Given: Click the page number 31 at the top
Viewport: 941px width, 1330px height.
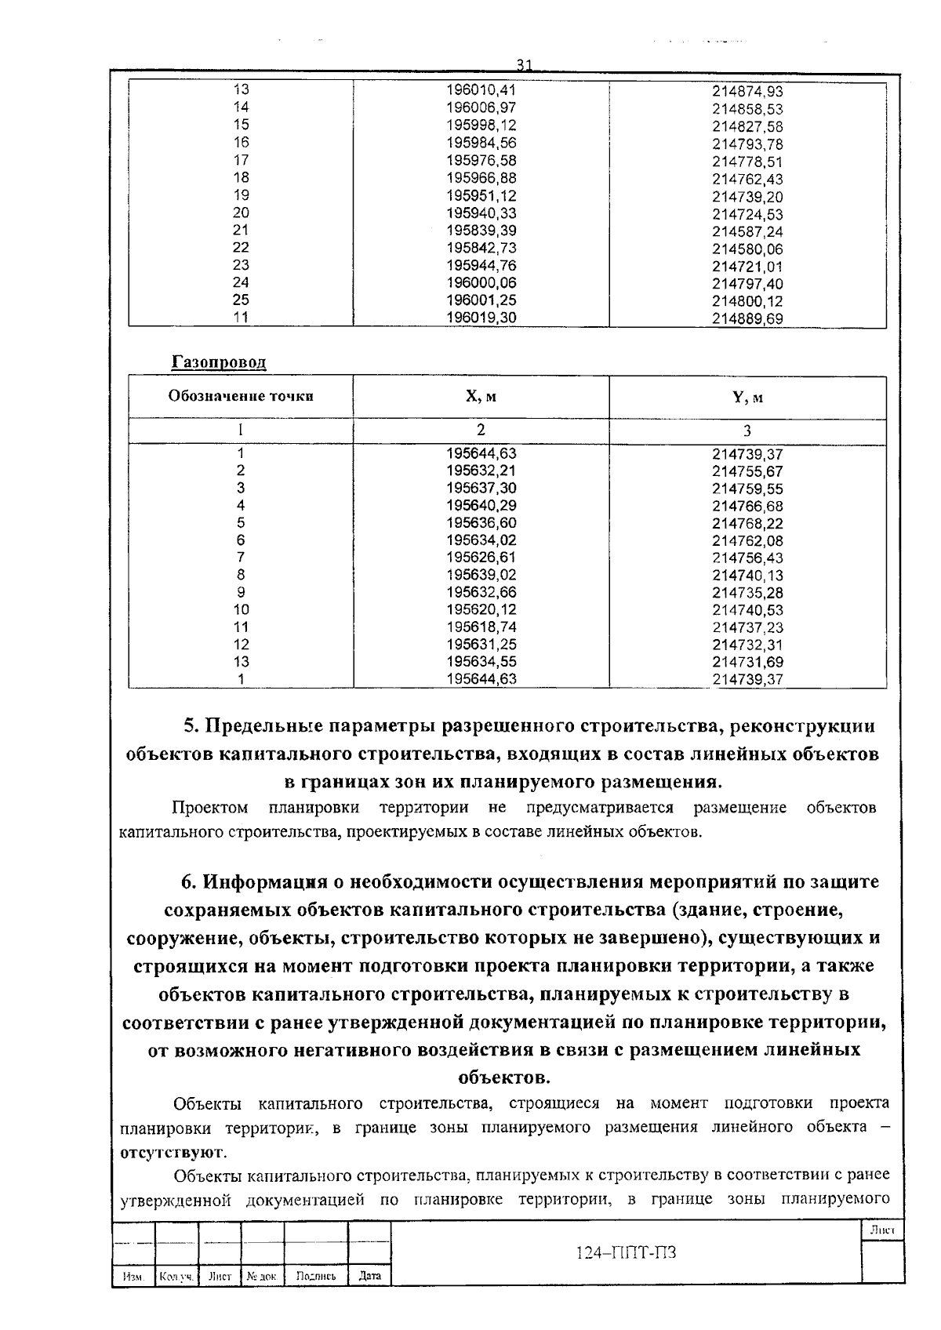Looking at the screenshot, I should (x=525, y=64).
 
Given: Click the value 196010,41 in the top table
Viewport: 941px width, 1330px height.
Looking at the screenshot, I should (x=481, y=90).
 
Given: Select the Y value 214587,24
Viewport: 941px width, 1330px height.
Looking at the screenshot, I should (x=747, y=232).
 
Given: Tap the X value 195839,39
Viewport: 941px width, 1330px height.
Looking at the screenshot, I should (x=481, y=231).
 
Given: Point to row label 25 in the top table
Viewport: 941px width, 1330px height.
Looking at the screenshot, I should (x=241, y=300).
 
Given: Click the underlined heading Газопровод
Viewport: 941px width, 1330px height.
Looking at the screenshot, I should (x=219, y=362).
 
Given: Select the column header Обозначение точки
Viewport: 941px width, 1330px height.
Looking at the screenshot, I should (x=241, y=396).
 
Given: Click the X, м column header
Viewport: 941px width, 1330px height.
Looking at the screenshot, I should (x=481, y=397).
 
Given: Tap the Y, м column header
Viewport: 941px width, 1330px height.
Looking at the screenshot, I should (x=747, y=398).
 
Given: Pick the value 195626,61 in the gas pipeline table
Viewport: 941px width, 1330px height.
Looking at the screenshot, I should (x=481, y=558).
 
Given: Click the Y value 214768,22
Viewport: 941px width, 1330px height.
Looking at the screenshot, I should (x=747, y=524).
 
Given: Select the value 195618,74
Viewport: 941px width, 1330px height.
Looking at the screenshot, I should (x=481, y=627).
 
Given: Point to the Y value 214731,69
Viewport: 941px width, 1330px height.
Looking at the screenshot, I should (x=747, y=663).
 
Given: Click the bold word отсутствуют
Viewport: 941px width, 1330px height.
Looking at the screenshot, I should (x=172, y=1154).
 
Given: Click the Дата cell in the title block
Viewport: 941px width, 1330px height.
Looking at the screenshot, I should (x=369, y=1276).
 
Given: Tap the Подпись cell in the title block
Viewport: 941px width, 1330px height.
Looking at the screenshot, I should (x=316, y=1276).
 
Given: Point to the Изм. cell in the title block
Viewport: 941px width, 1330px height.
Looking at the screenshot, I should (x=133, y=1277).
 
